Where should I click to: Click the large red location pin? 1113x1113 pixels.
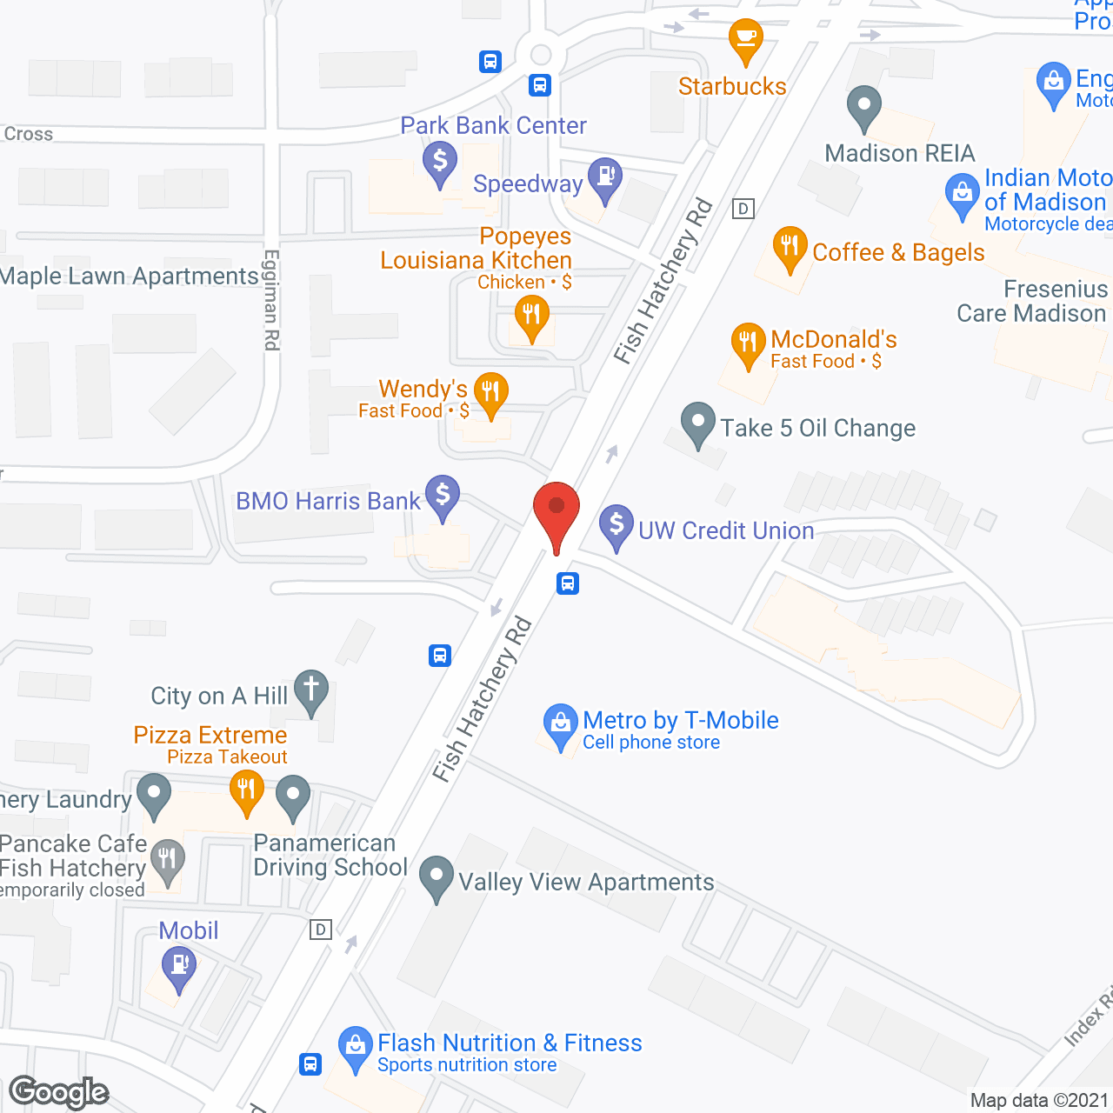[556, 509]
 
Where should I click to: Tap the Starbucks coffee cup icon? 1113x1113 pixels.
[745, 39]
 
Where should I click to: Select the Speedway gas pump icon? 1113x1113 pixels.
[604, 177]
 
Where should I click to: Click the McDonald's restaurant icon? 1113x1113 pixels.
[748, 343]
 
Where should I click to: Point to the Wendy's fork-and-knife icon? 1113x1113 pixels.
[491, 392]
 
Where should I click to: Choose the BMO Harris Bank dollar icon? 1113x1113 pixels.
[443, 496]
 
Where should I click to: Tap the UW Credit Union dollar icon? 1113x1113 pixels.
[616, 525]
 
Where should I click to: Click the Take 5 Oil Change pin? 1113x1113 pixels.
[697, 423]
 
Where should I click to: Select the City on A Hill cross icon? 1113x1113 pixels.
[310, 690]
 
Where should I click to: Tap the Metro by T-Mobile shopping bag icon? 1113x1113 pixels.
[560, 723]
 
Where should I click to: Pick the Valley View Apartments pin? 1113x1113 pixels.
[436, 876]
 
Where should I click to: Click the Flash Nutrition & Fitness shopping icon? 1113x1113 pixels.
[355, 1046]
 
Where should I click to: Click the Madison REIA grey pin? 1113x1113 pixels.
[863, 107]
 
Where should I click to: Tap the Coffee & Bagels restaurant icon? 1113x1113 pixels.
[790, 247]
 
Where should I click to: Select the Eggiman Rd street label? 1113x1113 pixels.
[271, 300]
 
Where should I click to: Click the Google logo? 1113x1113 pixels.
[59, 1092]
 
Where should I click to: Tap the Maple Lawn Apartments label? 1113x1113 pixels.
[130, 277]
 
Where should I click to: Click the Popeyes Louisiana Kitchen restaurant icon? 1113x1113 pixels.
[531, 315]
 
